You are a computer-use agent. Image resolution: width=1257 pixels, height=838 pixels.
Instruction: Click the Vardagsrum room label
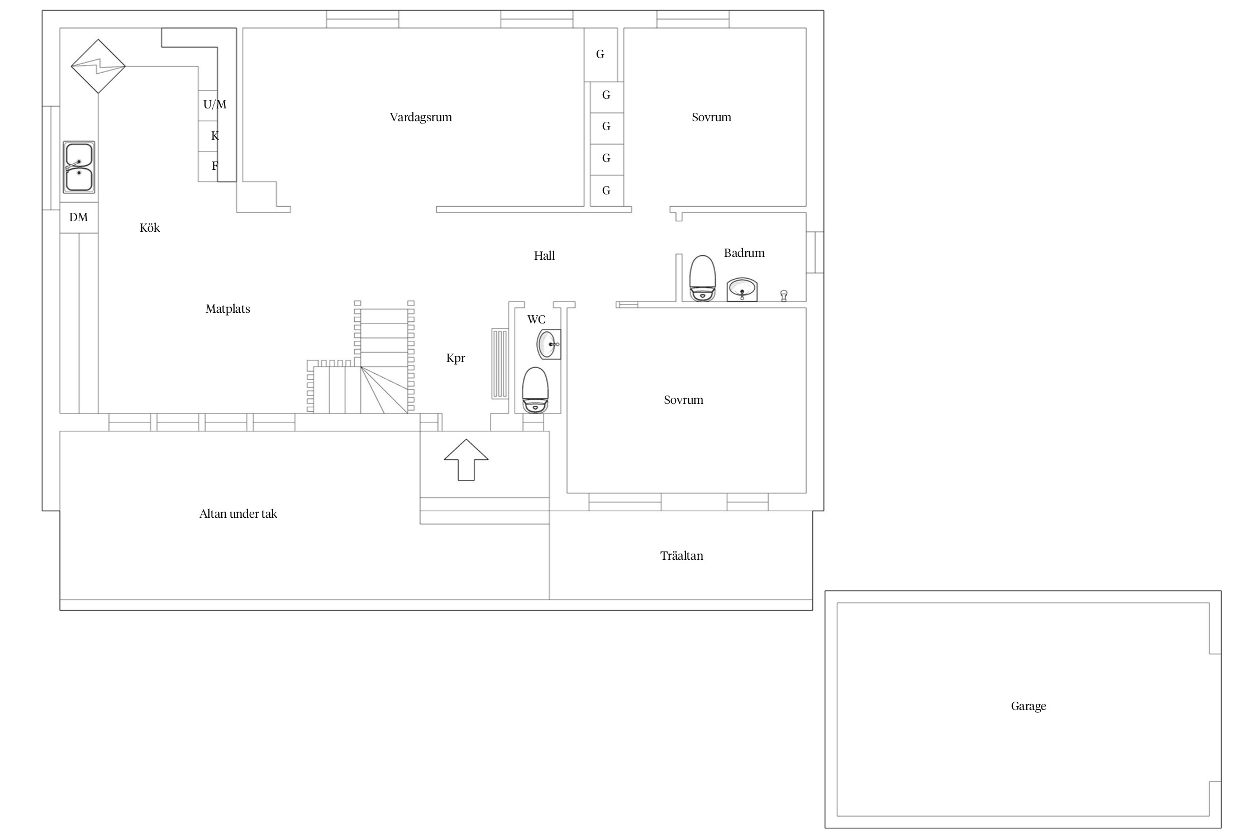(421, 117)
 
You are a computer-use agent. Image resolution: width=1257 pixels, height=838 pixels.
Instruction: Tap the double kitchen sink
(79, 167)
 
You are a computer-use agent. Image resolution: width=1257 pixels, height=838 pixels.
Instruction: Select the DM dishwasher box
(79, 217)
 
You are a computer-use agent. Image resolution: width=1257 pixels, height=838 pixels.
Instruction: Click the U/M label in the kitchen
(215, 104)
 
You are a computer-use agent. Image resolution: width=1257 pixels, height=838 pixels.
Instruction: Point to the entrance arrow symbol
(466, 460)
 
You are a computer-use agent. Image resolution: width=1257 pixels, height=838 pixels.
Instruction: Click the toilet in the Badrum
(702, 278)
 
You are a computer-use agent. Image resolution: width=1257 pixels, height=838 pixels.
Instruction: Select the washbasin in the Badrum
(742, 290)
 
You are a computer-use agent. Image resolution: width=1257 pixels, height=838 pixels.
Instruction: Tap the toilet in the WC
(535, 390)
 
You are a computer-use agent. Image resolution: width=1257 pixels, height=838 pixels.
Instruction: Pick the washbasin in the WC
(549, 344)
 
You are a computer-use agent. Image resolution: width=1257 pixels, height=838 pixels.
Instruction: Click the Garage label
(1028, 706)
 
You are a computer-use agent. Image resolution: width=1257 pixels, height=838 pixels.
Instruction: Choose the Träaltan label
(682, 556)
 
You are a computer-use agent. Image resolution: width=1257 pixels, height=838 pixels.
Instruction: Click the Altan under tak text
(238, 514)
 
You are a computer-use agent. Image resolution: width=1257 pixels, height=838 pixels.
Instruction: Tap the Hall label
(544, 256)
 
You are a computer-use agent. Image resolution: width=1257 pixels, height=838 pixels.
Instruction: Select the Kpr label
(455, 358)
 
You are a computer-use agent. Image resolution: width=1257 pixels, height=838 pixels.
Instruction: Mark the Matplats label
(227, 309)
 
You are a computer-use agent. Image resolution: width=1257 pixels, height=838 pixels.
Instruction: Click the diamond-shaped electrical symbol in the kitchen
(98, 66)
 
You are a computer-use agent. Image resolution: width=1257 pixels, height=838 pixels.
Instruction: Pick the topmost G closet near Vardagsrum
(601, 54)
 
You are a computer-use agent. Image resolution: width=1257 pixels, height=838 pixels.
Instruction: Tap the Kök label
(150, 228)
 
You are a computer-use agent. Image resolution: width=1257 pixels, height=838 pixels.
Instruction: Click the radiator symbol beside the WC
(500, 364)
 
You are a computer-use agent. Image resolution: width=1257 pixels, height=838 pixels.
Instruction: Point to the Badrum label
(744, 253)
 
